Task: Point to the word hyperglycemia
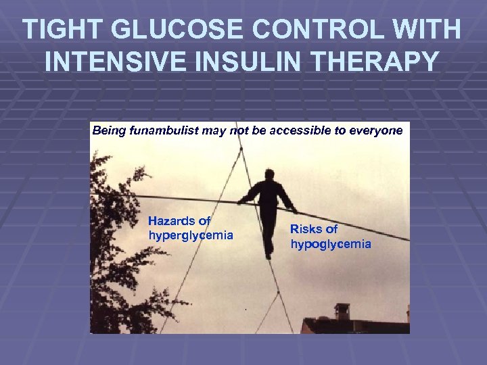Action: [x=190, y=235]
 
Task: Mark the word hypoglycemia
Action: [x=331, y=244]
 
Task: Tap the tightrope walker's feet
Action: [x=269, y=251]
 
